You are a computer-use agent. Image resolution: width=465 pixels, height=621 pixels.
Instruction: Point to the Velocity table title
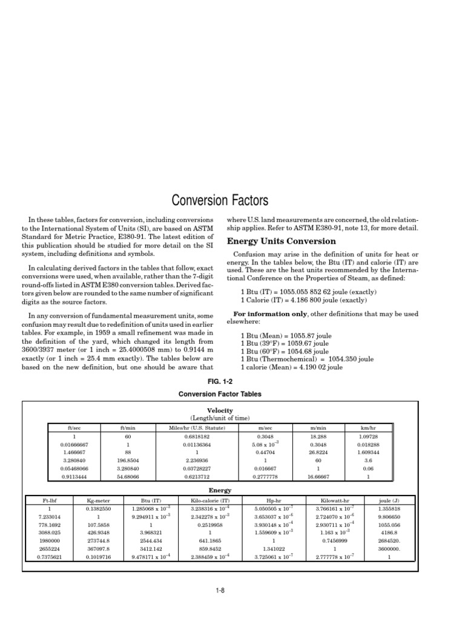(x=220, y=411)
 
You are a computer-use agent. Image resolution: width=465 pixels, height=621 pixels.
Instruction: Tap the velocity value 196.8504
(x=128, y=460)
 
